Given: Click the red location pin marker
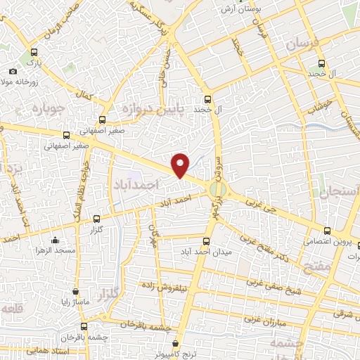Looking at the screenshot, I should coord(181,165).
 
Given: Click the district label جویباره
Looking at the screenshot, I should coord(49,108).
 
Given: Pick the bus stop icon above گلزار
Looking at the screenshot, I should coord(96,219).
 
